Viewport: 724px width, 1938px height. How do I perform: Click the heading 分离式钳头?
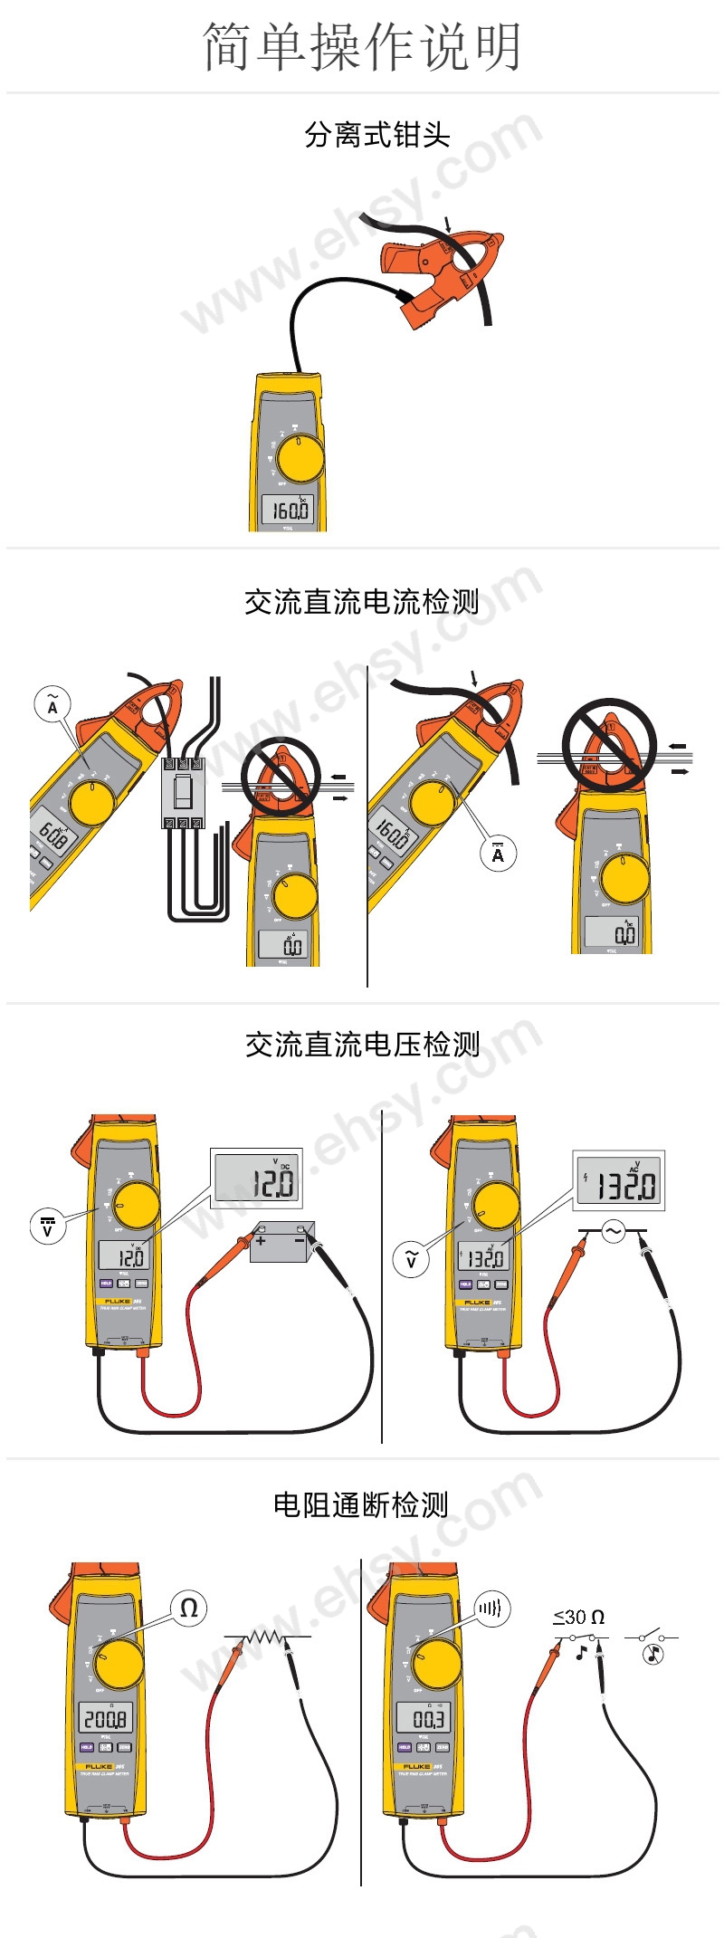coord(376,135)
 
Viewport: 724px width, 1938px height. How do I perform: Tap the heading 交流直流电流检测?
coord(361,601)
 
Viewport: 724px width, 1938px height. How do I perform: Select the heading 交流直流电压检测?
coord(362,1045)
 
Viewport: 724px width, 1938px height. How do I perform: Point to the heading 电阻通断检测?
coord(361,1504)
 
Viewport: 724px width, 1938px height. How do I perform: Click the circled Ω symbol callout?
coord(188,1608)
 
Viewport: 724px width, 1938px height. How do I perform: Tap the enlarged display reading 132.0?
coord(620,1181)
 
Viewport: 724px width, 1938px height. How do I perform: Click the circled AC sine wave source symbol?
coord(614,1231)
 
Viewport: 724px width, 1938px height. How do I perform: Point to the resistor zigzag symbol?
coord(266,1636)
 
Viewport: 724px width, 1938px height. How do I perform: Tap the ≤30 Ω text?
coord(578,1617)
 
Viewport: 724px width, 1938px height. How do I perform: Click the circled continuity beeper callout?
coord(492,1608)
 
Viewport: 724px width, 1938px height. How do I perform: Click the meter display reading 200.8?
coord(106,1718)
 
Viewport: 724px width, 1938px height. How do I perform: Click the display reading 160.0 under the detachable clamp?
coord(289,510)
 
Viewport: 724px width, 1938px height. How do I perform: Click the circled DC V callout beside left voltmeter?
coord(47,1227)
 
